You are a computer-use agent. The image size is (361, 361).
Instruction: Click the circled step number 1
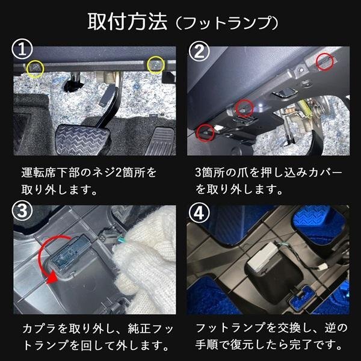point(22,49)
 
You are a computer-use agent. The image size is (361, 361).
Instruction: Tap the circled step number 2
point(199,51)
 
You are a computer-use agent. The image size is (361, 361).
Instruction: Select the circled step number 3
point(22,211)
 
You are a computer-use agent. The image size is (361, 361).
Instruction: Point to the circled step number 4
point(199,213)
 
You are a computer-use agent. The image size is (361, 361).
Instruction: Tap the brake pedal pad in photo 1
point(83,139)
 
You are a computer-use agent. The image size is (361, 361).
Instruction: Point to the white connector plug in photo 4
point(324,267)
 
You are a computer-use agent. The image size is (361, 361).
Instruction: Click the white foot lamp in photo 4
point(265,256)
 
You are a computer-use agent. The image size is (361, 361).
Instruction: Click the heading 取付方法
point(128,22)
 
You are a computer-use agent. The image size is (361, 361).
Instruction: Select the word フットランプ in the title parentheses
point(227,23)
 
